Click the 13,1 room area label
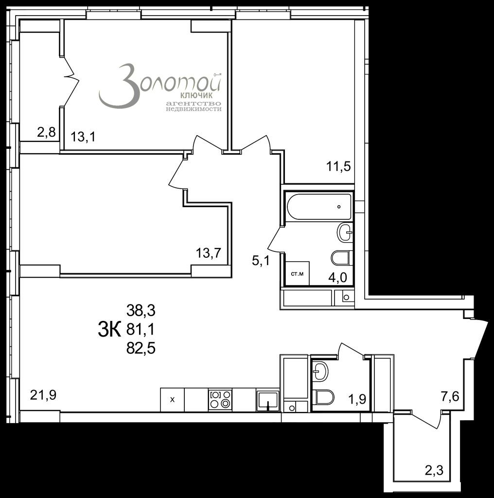83,137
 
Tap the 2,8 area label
46,132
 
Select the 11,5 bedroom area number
339,166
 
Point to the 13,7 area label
208,253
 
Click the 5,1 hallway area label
261,261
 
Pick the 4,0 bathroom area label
337,278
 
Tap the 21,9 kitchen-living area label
43,395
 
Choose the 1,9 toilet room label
357,399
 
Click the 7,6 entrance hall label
450,397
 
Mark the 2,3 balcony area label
434,470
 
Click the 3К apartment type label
109,330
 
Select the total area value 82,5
141,349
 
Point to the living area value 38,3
141,311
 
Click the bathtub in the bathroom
319,206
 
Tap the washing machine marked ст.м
298,273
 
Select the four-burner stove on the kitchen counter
220,400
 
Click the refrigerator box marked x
173,400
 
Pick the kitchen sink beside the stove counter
268,400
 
